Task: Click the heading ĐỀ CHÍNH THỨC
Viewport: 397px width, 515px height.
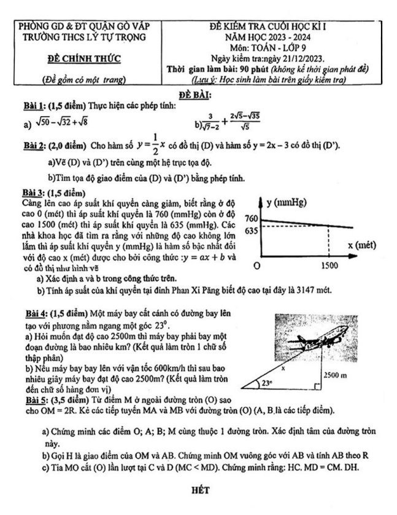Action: (85, 59)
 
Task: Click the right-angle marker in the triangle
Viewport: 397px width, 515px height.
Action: (315, 386)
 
